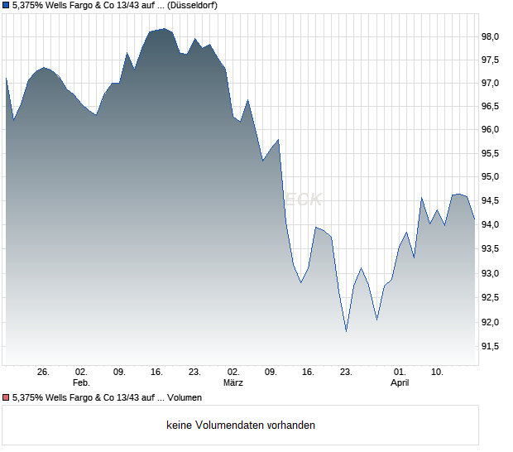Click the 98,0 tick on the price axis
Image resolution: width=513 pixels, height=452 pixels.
click(491, 36)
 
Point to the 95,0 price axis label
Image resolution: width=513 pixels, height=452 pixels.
click(491, 177)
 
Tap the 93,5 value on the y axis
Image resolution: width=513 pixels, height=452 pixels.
click(491, 249)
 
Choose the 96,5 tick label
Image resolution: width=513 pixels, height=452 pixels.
click(491, 107)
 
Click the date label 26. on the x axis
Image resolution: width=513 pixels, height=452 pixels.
click(44, 373)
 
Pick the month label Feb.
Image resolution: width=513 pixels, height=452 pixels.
click(81, 383)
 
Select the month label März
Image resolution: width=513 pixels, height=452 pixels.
click(233, 383)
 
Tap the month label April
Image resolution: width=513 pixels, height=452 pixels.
click(400, 383)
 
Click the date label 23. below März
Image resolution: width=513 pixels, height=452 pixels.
click(347, 373)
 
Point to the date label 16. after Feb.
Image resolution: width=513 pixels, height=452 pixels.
click(157, 373)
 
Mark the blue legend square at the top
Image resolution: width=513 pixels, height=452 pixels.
click(6, 5)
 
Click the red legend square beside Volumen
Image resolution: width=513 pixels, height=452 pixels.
click(6, 398)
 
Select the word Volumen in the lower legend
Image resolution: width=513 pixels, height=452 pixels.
click(185, 398)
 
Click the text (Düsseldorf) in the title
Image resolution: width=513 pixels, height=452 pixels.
click(192, 6)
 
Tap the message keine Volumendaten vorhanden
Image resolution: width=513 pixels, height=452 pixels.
click(241, 426)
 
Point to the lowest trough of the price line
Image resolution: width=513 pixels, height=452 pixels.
click(346, 331)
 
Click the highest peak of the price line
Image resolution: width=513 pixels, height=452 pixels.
click(164, 29)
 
